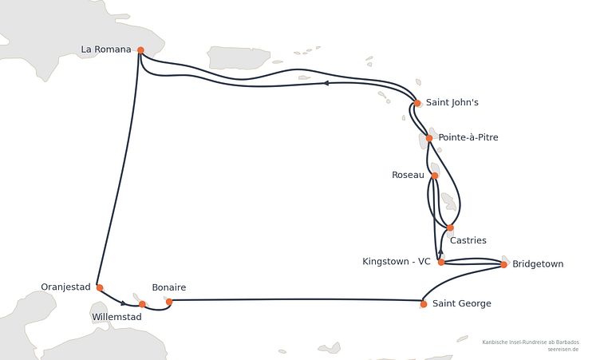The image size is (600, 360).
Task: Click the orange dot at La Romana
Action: point(140,50)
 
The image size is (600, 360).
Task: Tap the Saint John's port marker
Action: point(417,103)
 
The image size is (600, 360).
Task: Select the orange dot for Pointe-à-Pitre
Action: point(429,138)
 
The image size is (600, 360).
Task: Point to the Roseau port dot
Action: point(435,176)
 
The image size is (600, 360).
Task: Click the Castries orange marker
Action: point(450,227)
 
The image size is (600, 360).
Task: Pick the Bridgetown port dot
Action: point(504,265)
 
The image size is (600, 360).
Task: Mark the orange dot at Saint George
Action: point(424,304)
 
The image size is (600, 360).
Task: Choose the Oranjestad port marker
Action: point(100,287)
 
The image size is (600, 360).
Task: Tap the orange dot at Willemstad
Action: point(142,304)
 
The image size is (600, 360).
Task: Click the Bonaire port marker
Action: point(169,302)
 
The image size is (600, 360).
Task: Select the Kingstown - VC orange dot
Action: point(441,263)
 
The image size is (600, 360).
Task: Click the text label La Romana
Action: point(106,49)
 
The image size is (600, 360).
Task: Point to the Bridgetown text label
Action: point(538,264)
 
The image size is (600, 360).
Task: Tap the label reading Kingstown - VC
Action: point(397,262)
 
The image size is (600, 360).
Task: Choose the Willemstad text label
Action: point(116,317)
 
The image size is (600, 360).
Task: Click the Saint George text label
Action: point(462,303)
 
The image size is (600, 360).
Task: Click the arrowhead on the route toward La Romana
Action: point(326,83)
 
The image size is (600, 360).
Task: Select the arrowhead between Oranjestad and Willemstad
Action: point(123,303)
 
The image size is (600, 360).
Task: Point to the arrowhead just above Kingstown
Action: point(440,251)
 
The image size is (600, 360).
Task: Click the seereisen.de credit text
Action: point(562,350)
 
